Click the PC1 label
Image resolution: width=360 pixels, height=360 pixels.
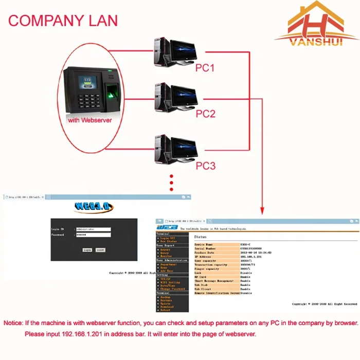coord(205,67)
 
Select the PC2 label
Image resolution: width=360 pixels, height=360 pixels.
coord(205,114)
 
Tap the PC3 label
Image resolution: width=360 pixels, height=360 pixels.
coord(205,166)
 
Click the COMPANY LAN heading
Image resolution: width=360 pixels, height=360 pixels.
coord(63,21)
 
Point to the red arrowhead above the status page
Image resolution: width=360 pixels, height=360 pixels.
coord(263,210)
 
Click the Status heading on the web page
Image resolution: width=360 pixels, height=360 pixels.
coord(201,237)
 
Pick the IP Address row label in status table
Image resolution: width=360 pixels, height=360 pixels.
coord(204,256)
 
